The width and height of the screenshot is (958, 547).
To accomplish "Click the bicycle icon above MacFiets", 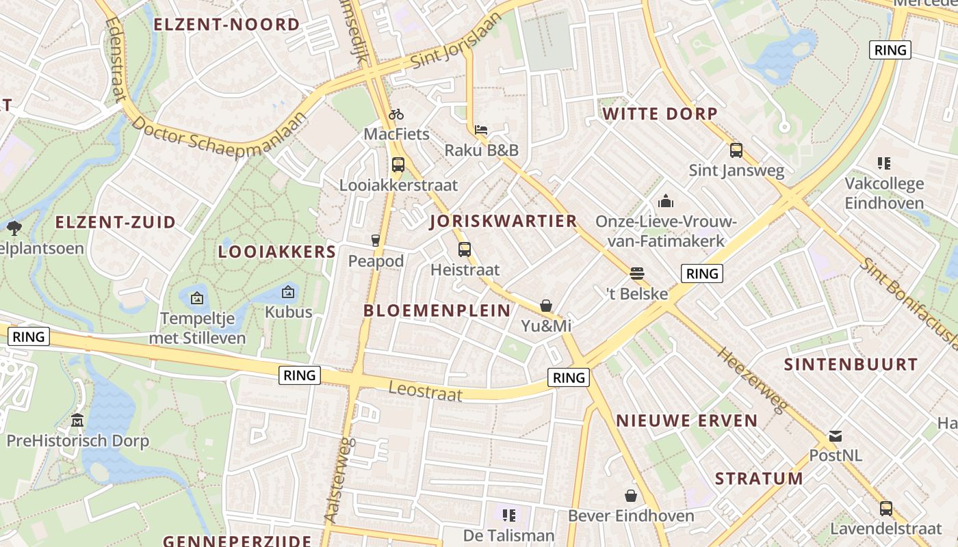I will click(x=396, y=114).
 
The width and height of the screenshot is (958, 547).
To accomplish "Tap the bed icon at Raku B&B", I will click(x=481, y=129).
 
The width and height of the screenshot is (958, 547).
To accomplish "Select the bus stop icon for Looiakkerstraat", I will click(x=398, y=165).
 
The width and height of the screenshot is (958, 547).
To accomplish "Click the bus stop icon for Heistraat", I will click(x=465, y=250).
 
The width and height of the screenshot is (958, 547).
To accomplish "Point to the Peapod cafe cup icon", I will click(x=375, y=240).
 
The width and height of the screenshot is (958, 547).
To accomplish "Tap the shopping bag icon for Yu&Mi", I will click(x=546, y=306).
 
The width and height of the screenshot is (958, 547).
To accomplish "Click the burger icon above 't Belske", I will click(x=637, y=273).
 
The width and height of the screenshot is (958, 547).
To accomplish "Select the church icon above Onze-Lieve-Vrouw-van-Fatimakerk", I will click(x=665, y=201).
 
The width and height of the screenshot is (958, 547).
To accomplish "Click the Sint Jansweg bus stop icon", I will click(x=736, y=150).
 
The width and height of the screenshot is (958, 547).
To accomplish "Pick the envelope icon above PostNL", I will click(x=836, y=436).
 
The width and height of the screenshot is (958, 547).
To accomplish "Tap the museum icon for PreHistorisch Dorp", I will click(x=77, y=420).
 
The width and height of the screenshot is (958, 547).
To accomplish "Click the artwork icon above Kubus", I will click(x=288, y=292).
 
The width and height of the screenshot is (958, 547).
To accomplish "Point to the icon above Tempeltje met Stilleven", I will click(x=197, y=298).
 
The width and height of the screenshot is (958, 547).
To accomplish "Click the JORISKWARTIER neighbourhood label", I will click(x=504, y=221).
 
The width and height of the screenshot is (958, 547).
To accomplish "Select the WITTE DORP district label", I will click(x=659, y=114).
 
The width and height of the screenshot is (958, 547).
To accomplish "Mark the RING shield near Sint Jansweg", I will click(x=890, y=50).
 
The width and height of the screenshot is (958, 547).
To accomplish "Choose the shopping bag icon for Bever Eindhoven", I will click(x=631, y=495).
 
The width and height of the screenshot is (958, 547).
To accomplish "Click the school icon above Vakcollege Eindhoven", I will click(x=883, y=163).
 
